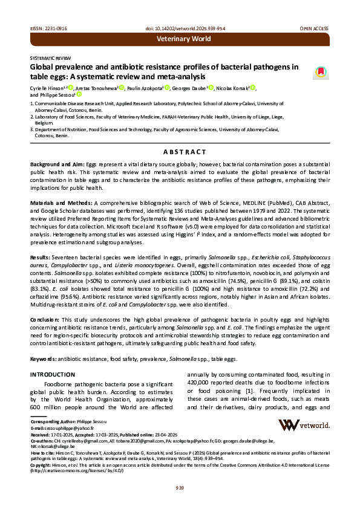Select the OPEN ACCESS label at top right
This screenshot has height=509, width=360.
[315, 28]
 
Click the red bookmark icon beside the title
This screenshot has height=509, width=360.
[321, 72]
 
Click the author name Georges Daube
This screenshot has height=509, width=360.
[188, 88]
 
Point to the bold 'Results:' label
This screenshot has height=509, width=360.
[41, 258]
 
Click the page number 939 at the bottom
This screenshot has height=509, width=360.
[180, 488]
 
